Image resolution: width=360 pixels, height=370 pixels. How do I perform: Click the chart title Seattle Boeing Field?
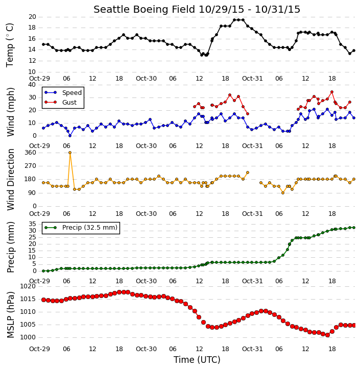(144, 9)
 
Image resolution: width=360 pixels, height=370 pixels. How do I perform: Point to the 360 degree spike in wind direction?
(70, 153)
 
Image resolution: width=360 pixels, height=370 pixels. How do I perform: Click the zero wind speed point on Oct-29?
(70, 136)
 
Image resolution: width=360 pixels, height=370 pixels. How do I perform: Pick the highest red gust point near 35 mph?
(332, 92)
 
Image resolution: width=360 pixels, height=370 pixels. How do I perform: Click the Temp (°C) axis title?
(10, 45)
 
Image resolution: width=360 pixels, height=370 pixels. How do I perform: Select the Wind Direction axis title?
(11, 180)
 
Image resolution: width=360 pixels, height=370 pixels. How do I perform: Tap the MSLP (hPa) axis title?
(11, 315)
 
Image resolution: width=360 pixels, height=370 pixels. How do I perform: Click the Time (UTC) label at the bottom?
(197, 360)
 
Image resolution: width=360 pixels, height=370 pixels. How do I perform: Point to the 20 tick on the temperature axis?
(32, 17)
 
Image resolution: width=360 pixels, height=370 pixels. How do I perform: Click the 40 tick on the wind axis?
(32, 85)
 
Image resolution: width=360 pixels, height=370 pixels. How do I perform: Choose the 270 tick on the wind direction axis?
(31, 166)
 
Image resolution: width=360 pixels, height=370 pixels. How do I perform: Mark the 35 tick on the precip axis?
(32, 224)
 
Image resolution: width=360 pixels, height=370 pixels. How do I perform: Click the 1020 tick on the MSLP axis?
(28, 286)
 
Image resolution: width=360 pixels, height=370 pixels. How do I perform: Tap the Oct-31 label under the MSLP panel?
(252, 349)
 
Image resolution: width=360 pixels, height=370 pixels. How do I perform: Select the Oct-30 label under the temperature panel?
(146, 79)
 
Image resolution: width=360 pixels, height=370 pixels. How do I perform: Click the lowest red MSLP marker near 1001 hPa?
(327, 335)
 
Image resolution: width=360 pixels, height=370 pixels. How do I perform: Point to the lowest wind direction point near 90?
(283, 193)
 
